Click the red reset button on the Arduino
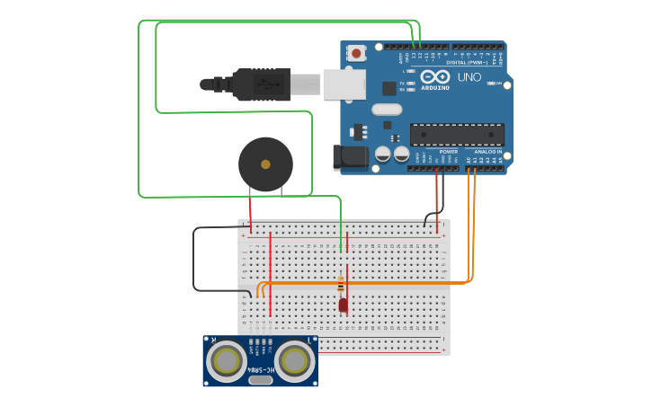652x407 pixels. (x=357, y=53)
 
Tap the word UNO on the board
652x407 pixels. (x=469, y=77)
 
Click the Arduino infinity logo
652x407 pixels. (x=435, y=76)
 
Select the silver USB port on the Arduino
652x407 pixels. (x=344, y=84)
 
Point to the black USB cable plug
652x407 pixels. (x=261, y=84)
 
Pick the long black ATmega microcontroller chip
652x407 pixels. (x=457, y=135)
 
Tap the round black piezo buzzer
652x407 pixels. (x=265, y=164)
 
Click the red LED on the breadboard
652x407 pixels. (x=343, y=305)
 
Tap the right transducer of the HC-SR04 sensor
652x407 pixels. (x=294, y=361)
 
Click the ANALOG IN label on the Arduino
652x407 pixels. (x=488, y=152)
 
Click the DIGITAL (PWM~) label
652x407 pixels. (x=468, y=63)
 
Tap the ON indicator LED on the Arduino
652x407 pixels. (x=490, y=84)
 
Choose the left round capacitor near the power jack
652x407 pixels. (x=382, y=155)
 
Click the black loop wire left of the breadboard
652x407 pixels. (x=193, y=261)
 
